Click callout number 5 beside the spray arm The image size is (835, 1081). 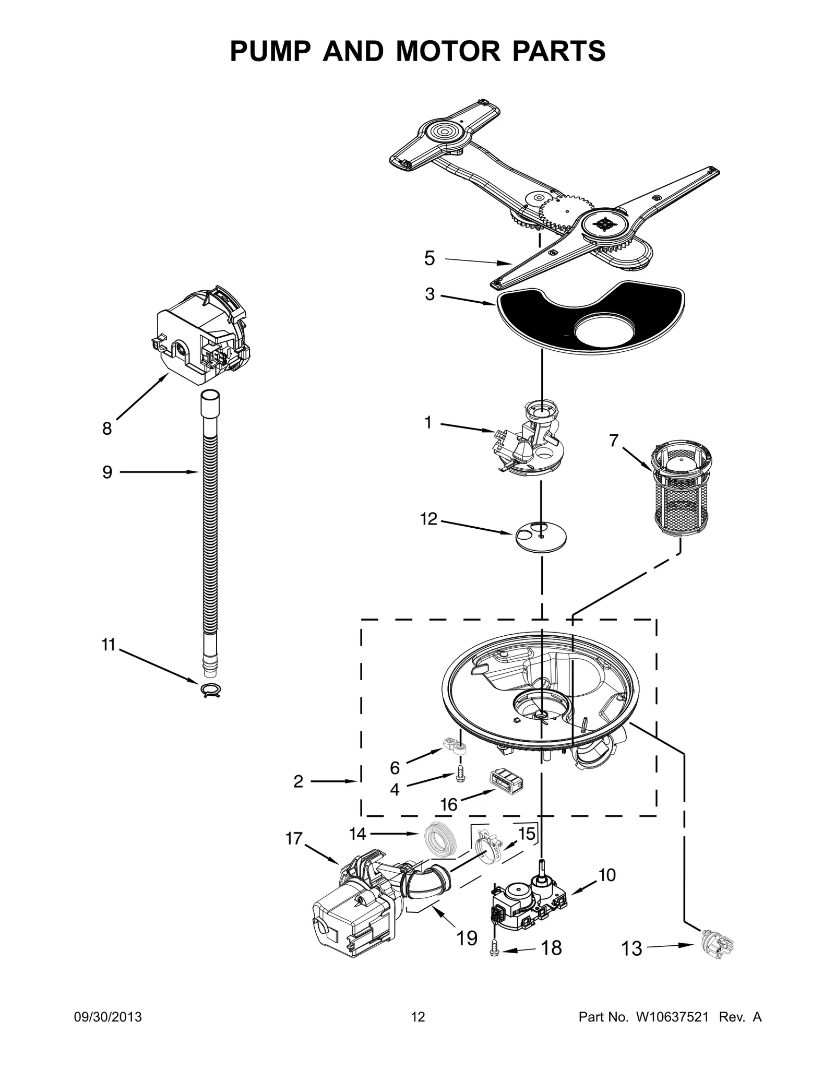click(x=429, y=258)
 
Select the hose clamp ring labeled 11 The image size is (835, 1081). click(x=210, y=691)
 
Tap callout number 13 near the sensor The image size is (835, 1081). click(x=631, y=948)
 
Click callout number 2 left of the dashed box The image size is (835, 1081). click(x=298, y=796)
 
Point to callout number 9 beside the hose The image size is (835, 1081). click(x=107, y=472)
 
